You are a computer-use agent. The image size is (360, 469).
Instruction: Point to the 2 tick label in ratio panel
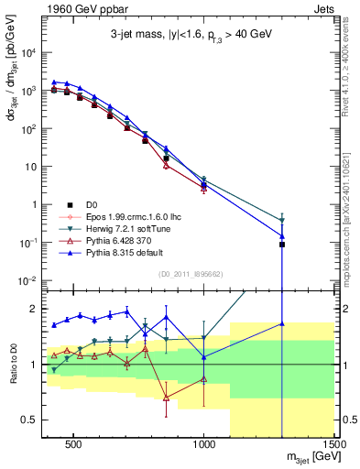[33, 309]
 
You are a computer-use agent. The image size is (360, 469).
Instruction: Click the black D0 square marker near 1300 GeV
[282, 245]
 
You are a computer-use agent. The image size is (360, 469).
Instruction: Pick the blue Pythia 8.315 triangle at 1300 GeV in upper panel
[282, 235]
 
